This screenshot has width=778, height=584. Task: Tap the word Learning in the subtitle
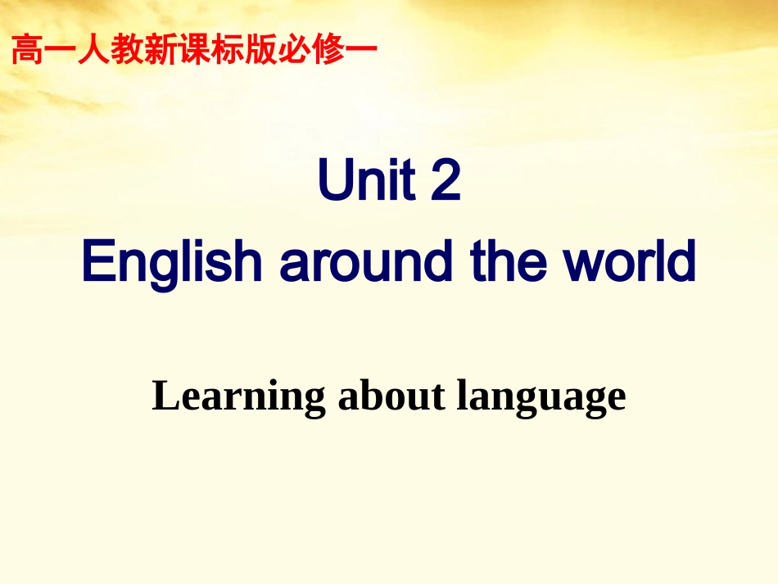238,398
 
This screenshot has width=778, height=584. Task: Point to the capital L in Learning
165,396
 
